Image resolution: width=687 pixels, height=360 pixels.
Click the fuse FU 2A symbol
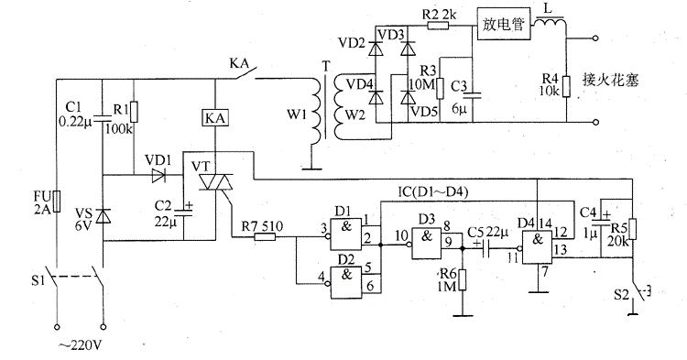point(57,202)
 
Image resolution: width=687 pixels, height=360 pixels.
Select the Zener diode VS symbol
point(103,216)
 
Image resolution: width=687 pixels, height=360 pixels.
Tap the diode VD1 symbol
point(158,176)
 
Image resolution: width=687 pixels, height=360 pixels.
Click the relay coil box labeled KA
point(215,118)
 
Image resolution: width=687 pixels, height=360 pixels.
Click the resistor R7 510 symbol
point(265,237)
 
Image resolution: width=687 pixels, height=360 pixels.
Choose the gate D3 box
point(427,243)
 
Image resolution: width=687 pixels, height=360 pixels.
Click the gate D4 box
point(537,247)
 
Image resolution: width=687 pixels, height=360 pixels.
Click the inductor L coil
point(549,22)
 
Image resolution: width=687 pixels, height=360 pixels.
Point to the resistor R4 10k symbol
point(566,86)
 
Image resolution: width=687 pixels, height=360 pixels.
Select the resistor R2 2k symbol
point(438,26)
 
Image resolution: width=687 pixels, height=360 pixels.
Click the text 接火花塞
point(610,80)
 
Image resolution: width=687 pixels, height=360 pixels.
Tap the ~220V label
point(80,346)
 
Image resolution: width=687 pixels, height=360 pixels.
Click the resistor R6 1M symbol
point(463,280)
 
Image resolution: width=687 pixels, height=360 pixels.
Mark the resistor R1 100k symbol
point(134,112)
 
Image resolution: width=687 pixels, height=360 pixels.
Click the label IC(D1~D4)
point(432,192)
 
